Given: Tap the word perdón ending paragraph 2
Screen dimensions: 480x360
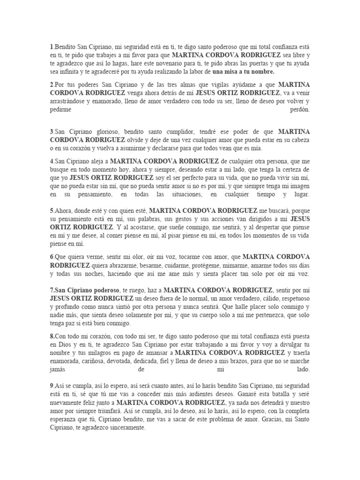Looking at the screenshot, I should pos(300,110).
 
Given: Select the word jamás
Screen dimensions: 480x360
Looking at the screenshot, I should pos(59,370).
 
